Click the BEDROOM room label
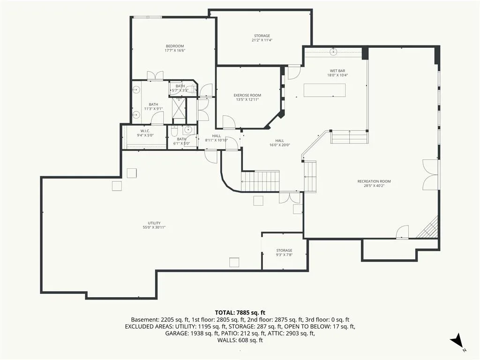(x=175, y=46)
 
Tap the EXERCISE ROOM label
(x=247, y=95)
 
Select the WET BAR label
(x=337, y=71)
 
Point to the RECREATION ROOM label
(x=374, y=181)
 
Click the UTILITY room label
(x=154, y=223)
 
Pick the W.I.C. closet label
(x=145, y=131)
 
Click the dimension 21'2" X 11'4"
(x=262, y=40)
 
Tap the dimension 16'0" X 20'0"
(x=279, y=145)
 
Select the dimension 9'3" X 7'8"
(x=284, y=255)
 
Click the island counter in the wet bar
(x=324, y=90)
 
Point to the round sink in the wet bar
(x=333, y=52)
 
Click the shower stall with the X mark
(x=179, y=108)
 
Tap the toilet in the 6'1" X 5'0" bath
(x=174, y=131)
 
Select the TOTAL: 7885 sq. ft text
(x=240, y=313)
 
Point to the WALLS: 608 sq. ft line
(x=240, y=340)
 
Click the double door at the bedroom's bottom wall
(x=155, y=76)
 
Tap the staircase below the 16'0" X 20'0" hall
(x=260, y=181)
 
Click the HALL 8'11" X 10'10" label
(x=217, y=138)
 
